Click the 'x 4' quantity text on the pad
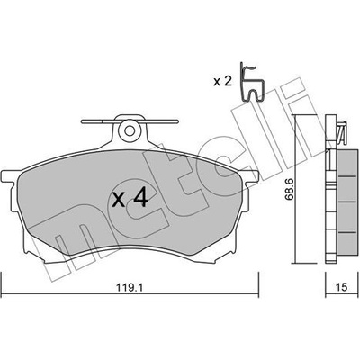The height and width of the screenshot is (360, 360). point(130,199)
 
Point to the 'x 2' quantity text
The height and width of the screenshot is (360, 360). point(222,81)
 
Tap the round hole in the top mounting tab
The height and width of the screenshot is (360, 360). point(130,130)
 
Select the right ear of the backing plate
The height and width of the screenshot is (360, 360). point(251,176)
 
